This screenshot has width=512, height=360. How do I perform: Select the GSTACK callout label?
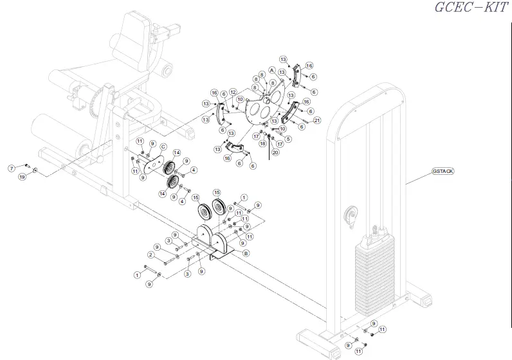point(443,171)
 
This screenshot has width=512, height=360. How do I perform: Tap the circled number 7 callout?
point(11,168)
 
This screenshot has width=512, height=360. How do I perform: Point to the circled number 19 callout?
point(22,177)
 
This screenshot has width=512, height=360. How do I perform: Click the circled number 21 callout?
point(316,120)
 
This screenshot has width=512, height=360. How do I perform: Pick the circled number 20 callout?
point(275,152)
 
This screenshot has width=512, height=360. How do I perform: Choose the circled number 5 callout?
point(288,138)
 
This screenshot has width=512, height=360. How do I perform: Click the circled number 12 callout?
point(233,91)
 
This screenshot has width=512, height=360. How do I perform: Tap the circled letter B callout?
point(245,253)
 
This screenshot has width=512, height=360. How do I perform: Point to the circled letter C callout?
point(163,147)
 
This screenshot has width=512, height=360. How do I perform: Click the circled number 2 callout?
point(151,255)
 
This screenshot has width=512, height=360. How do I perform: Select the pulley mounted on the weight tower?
point(352,217)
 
